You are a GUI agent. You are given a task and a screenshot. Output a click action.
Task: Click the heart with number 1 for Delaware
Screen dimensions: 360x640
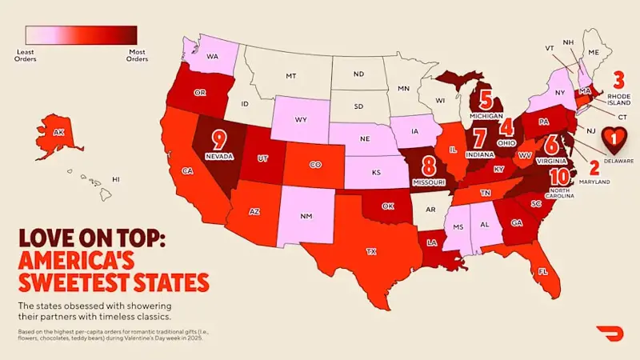(x=614, y=140)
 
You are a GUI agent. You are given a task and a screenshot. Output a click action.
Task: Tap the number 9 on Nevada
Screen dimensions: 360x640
(x=218, y=139)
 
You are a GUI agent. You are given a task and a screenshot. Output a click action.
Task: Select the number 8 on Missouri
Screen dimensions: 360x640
(x=429, y=166)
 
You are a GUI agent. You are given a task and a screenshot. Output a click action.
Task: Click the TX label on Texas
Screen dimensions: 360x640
(x=371, y=250)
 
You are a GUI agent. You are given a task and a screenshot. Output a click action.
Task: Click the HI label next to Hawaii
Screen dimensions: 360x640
(x=116, y=179)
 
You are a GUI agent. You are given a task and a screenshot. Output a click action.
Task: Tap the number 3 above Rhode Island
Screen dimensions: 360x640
(x=618, y=80)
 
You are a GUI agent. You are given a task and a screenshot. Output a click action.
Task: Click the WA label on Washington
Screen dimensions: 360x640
(x=213, y=57)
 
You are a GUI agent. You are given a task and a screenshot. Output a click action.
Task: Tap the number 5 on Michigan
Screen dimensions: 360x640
(x=485, y=98)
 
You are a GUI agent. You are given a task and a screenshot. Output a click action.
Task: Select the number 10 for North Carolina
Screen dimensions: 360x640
(x=560, y=176)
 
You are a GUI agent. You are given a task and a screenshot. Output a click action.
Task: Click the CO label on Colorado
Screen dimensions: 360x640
(x=315, y=166)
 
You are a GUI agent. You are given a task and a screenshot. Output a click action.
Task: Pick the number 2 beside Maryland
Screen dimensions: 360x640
(x=594, y=168)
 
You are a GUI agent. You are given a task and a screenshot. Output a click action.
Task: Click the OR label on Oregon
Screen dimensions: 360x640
(x=201, y=92)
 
